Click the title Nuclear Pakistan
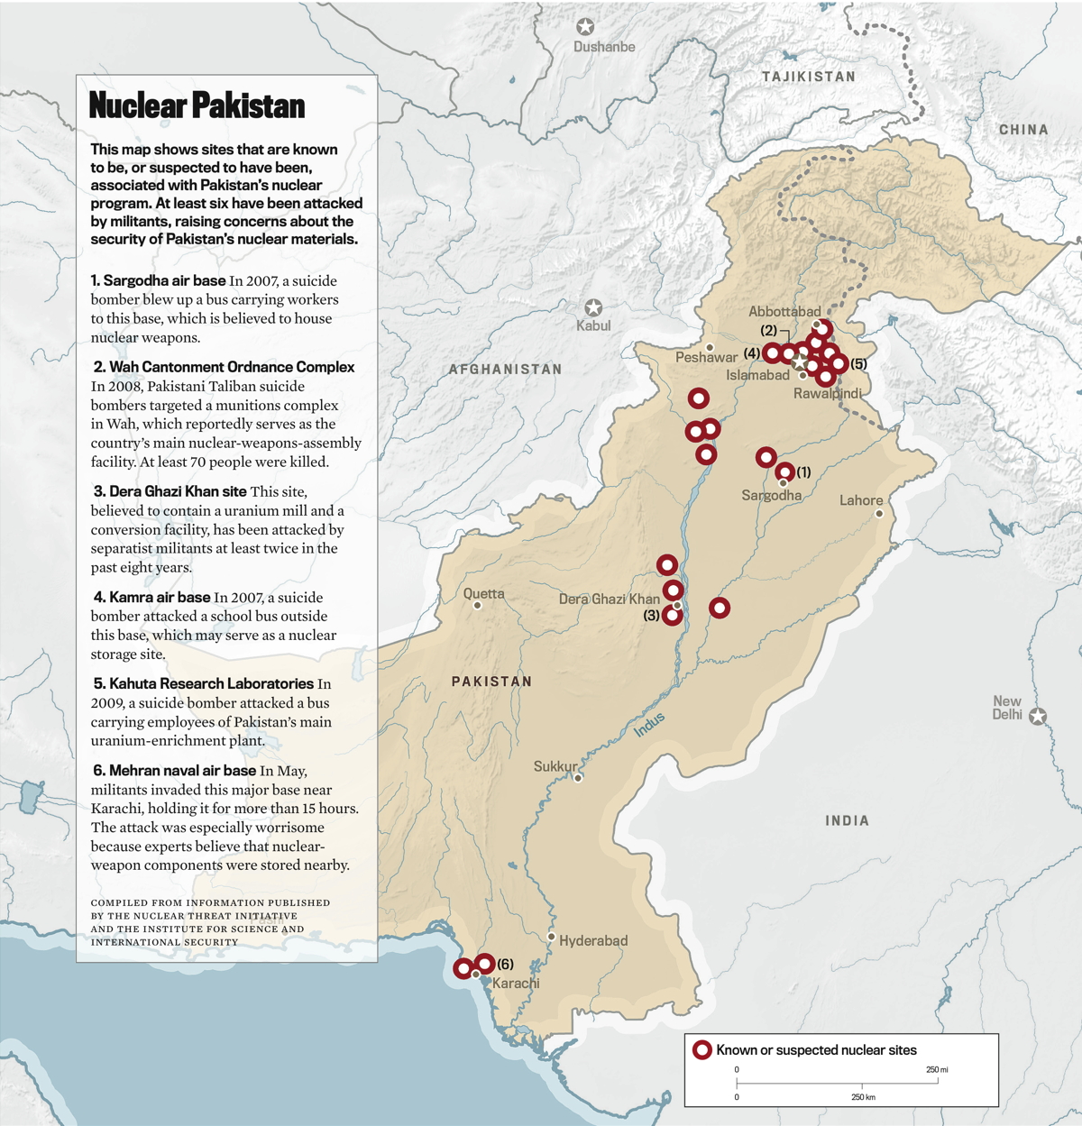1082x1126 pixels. [197, 105]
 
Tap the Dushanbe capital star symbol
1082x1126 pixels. [585, 27]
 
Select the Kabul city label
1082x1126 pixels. [593, 325]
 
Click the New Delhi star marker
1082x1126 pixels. [1038, 717]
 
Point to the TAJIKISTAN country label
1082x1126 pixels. [809, 77]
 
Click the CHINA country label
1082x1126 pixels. [1023, 130]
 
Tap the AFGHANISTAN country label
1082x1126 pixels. [505, 370]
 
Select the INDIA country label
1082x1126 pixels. [848, 820]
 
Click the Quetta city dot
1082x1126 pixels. [478, 606]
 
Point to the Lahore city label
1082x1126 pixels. [861, 500]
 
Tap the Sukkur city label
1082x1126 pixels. [555, 766]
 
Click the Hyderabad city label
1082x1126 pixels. [593, 940]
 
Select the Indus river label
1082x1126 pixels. [649, 724]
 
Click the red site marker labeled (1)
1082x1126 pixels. [784, 471]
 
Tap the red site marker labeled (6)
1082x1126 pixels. [484, 964]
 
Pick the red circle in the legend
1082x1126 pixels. [702, 1050]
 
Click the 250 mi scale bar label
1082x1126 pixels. [937, 1069]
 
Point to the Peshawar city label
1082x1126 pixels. [706, 357]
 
